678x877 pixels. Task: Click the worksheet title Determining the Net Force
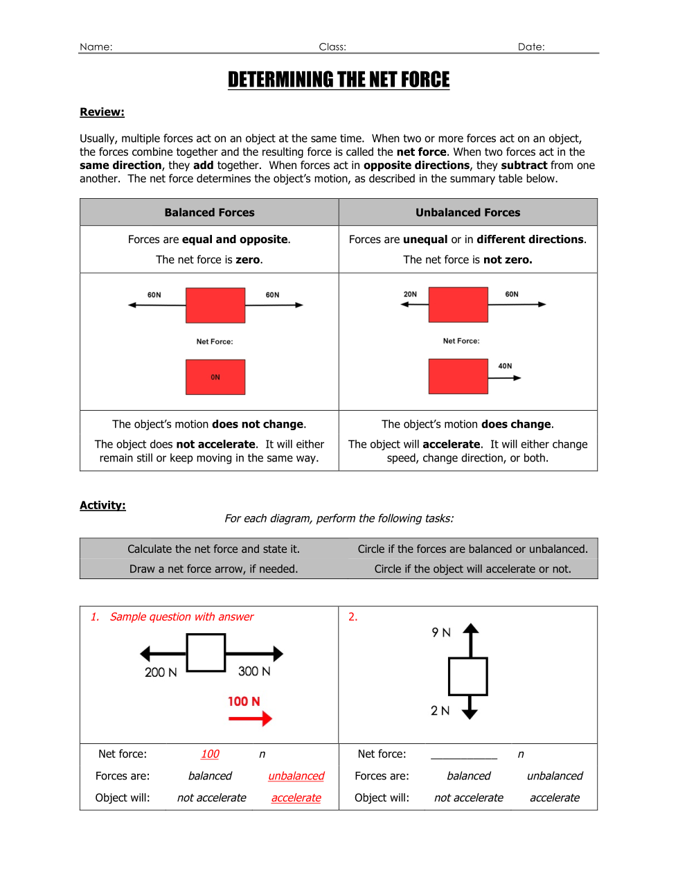pos(339,80)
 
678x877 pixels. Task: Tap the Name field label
pos(96,47)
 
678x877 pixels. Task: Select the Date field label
pos(531,47)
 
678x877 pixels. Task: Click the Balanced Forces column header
pos(209,213)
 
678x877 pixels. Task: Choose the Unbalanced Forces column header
pos(467,213)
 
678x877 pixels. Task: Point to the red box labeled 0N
pos(215,377)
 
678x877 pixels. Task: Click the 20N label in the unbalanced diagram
pos(410,294)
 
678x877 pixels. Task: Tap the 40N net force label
pos(505,366)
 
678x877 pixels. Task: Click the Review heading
pos(102,112)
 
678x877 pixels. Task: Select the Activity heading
pos(102,506)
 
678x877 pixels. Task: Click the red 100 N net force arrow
pos(250,719)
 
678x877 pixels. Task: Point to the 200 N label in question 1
pos(161,673)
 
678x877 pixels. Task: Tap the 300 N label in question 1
pos(254,671)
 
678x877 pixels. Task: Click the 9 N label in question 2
pos(441,632)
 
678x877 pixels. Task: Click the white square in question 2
pos(468,676)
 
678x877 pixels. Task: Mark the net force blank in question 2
pos(464,754)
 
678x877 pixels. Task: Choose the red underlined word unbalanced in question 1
pos(296,776)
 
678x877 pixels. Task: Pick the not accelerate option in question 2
pos(469,798)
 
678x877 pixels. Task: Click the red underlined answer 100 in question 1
pos(210,754)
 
